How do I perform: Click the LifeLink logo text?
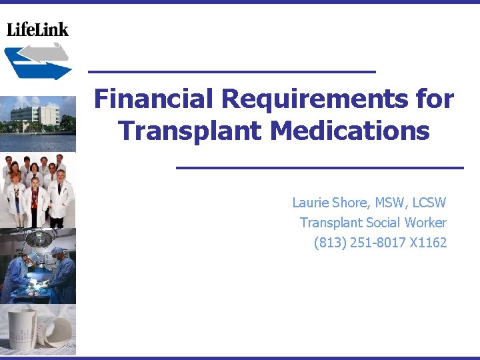click(x=37, y=29)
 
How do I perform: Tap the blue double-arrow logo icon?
click(x=37, y=61)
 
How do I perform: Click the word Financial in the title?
click(x=154, y=99)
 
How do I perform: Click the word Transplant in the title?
click(x=191, y=130)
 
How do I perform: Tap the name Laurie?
click(x=311, y=203)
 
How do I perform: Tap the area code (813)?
click(x=328, y=243)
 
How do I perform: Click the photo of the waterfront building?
click(x=37, y=124)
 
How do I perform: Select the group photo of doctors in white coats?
click(x=37, y=190)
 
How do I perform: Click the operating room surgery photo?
click(x=37, y=267)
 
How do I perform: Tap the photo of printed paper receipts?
click(x=37, y=331)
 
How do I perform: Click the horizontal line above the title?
click(x=232, y=71)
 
